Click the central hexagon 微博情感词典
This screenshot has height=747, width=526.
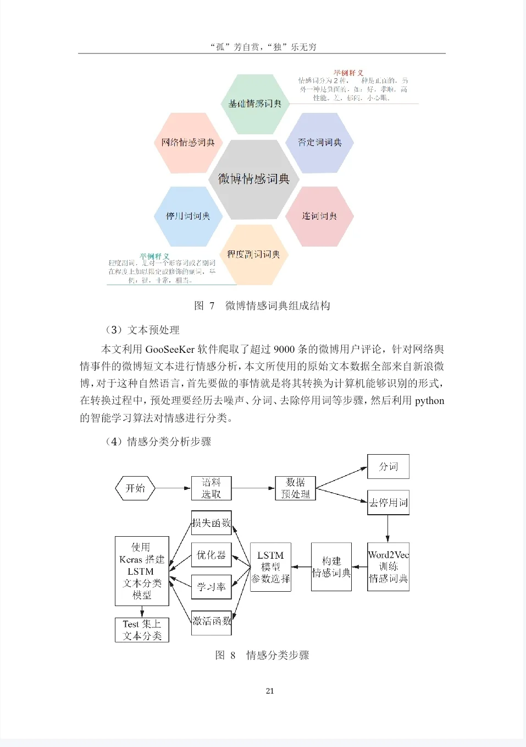(x=254, y=178)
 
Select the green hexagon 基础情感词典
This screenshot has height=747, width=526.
(x=254, y=104)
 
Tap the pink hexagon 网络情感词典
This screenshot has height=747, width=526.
(x=188, y=143)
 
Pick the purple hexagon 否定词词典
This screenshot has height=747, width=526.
(x=319, y=143)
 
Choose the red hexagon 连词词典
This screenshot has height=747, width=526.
(x=319, y=216)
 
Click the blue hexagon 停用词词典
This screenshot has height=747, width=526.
(x=188, y=216)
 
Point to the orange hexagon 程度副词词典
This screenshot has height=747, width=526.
(x=253, y=254)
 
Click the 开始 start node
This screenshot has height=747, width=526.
(x=135, y=488)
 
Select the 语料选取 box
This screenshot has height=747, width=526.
(x=211, y=488)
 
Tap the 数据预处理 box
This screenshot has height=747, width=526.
(x=295, y=488)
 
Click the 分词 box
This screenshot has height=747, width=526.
(x=388, y=467)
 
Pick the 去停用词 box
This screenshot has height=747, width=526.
(x=388, y=503)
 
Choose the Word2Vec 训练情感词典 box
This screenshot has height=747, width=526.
(x=388, y=567)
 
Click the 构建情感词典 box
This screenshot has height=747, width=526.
(x=331, y=567)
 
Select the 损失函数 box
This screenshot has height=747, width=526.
(x=211, y=523)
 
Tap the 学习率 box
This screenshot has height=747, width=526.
(x=211, y=587)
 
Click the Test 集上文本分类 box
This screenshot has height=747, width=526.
(x=142, y=630)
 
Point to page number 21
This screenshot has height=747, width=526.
(x=270, y=691)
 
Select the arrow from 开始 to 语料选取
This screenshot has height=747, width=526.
(x=173, y=488)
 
